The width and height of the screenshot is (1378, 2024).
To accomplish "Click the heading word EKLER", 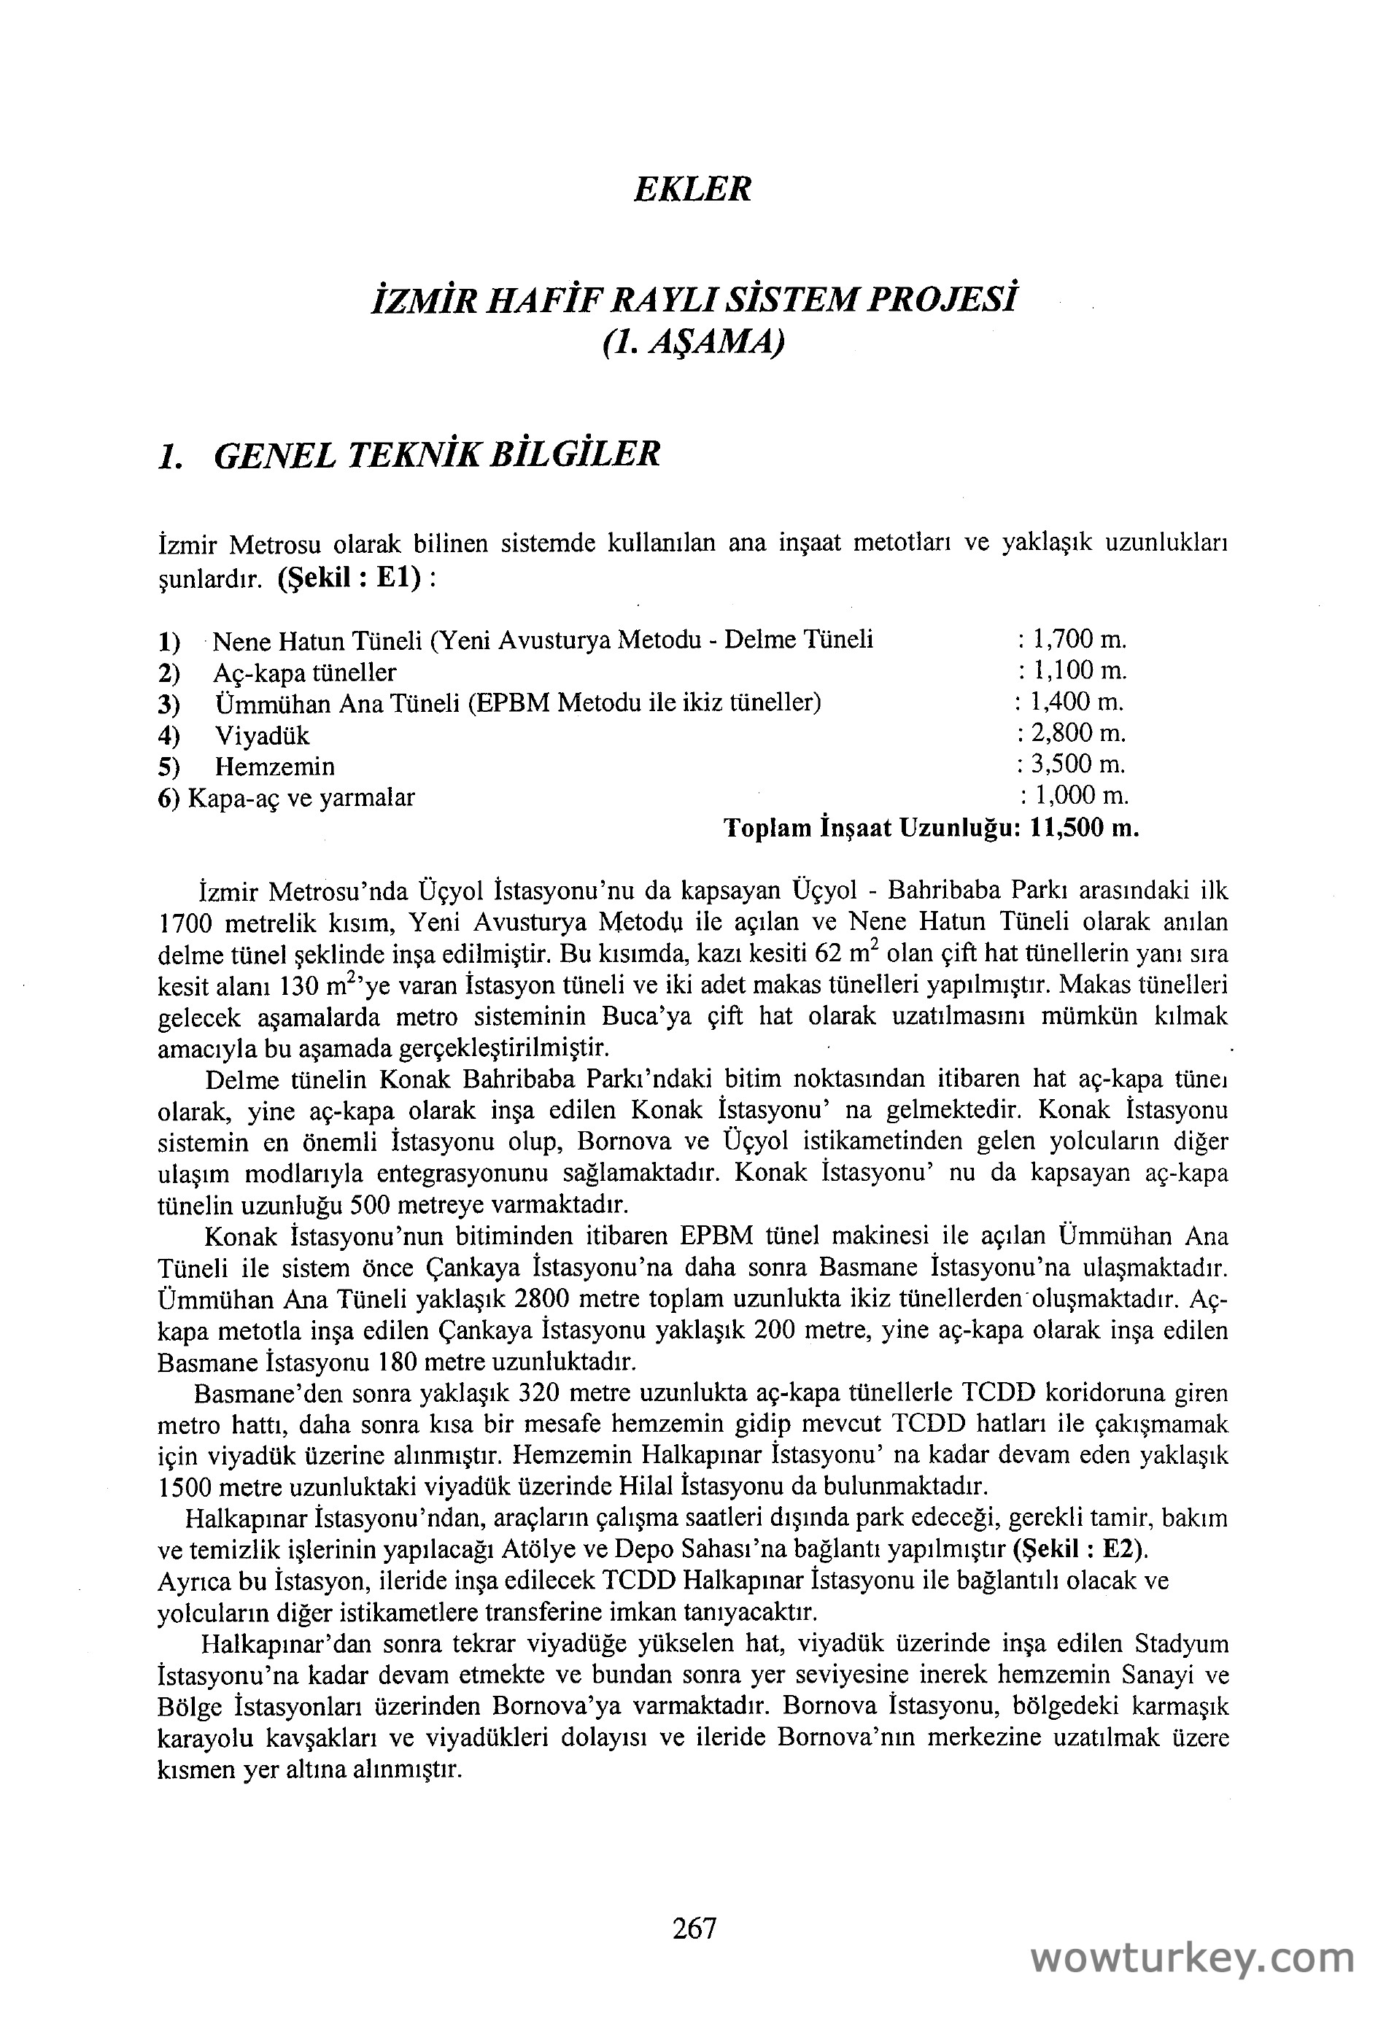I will click(692, 189).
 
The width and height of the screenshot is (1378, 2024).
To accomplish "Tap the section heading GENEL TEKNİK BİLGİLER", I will click(436, 454).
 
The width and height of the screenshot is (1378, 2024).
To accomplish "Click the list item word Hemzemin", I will click(274, 767).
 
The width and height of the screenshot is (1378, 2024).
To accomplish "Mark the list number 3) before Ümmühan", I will click(169, 704).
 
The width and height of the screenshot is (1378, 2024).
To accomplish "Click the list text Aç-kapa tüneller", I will click(304, 672).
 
